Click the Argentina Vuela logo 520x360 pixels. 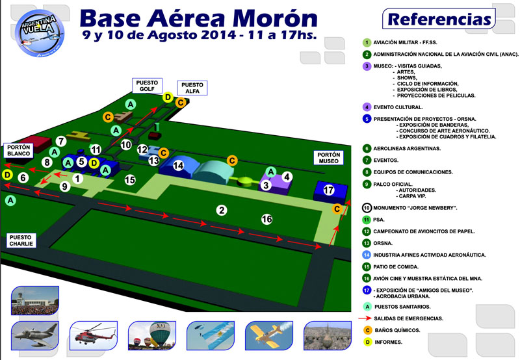(x=40, y=33)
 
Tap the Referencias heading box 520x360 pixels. (x=439, y=19)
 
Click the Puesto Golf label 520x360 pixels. (x=147, y=86)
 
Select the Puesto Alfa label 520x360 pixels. (x=192, y=88)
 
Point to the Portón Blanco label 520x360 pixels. (x=19, y=150)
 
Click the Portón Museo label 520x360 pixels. (x=329, y=158)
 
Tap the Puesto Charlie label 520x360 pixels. (x=21, y=240)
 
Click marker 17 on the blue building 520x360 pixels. (x=329, y=190)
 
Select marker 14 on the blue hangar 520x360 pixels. (x=178, y=166)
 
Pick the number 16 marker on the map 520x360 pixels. (x=266, y=219)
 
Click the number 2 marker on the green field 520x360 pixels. (x=222, y=210)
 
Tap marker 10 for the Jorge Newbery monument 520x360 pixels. (x=126, y=144)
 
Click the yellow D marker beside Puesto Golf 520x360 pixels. (x=168, y=97)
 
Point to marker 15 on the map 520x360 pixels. (x=130, y=180)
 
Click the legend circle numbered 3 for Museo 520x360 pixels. (x=367, y=66)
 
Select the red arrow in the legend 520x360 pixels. (x=365, y=318)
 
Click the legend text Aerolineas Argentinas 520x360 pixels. (x=407, y=149)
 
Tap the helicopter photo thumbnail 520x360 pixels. (x=94, y=335)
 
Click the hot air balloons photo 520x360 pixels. (x=152, y=335)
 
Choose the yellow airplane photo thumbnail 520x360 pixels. (x=269, y=335)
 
